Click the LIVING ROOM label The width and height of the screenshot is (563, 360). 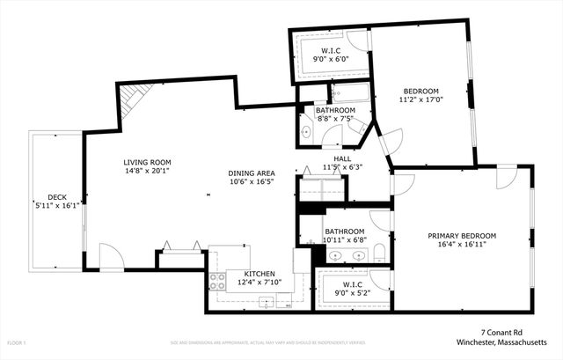147,163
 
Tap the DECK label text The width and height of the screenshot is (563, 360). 57,197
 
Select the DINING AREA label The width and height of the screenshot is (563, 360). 252,173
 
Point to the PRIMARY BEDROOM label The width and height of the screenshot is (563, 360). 462,236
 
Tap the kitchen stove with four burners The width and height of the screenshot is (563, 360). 217,283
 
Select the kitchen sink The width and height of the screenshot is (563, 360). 266,302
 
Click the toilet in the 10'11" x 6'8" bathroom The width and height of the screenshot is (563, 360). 379,253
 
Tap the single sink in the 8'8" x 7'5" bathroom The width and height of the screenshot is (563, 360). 305,133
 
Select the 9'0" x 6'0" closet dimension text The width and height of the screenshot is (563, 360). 331,60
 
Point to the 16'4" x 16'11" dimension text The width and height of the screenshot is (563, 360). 462,246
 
